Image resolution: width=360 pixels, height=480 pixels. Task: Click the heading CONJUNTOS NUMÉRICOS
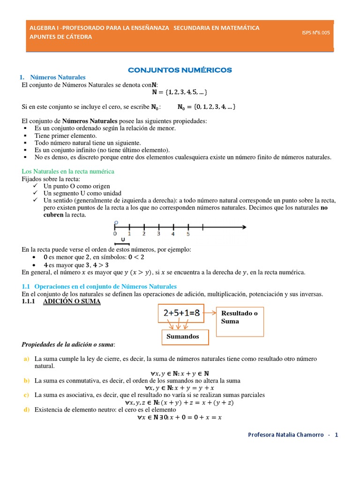point(180,70)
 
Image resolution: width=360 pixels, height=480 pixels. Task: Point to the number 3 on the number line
point(158,233)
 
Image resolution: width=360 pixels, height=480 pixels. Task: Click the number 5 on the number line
point(188,233)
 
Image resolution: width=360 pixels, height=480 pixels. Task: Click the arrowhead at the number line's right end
point(244,228)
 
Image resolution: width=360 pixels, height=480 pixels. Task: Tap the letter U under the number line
point(122,240)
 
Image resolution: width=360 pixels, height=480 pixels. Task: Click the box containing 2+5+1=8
point(181,314)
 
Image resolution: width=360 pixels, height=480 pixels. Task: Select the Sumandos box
point(185,336)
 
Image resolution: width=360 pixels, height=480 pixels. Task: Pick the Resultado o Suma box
point(240,318)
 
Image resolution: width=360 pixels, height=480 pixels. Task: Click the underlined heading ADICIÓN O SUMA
point(71,301)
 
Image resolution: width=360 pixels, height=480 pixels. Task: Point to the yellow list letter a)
point(26,359)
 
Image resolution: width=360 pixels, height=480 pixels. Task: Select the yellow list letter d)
point(26,410)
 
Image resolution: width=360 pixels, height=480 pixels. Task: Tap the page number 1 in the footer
point(336,435)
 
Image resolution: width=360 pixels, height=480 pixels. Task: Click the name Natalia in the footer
point(290,435)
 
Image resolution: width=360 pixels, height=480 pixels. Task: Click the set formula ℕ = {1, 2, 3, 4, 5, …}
point(180,92)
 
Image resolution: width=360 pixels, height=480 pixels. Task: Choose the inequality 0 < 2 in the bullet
point(136,257)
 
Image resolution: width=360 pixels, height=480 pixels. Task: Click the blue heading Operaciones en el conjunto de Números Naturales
point(105,286)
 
